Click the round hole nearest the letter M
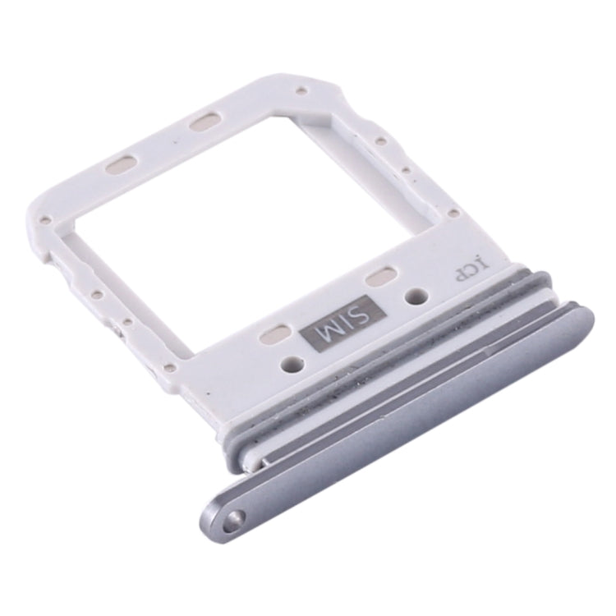[290, 362]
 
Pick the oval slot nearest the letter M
[274, 333]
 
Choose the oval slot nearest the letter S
[381, 277]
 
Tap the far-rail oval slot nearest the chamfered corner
[205, 122]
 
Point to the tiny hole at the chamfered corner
[302, 90]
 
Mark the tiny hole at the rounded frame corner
[48, 219]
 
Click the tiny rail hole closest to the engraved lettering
[454, 213]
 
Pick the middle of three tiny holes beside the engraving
[406, 171]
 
